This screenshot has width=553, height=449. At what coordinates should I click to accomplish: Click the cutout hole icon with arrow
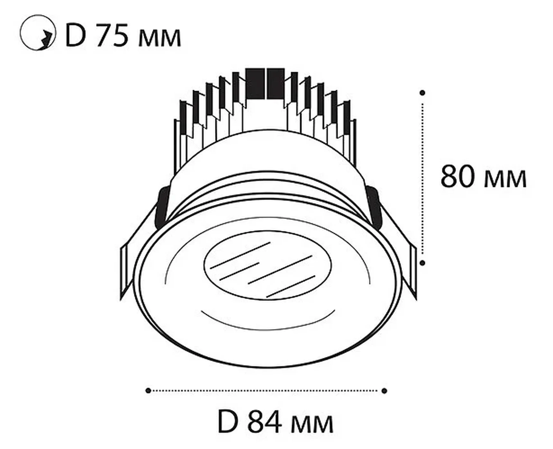(x=38, y=32)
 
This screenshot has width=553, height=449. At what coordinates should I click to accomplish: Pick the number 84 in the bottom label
(x=265, y=421)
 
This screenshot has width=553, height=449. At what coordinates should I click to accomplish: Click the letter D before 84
(x=228, y=421)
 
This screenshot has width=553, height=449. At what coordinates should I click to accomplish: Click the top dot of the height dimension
(x=422, y=93)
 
